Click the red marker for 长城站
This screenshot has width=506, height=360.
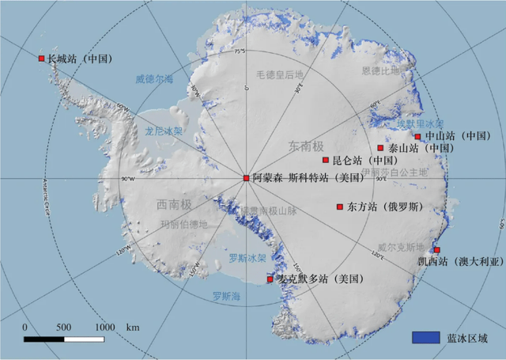coord(42,58)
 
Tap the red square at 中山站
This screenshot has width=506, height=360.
coord(417,136)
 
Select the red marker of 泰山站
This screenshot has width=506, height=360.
coord(380,148)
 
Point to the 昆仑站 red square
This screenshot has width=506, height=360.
coord(325,160)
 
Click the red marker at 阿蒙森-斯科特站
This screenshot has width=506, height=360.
coord(246,178)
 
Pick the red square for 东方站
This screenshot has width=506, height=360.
coord(340,207)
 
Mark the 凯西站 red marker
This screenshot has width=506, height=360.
coord(437,250)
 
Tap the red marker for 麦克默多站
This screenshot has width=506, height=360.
coord(270,279)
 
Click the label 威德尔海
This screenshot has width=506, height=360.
coord(153,79)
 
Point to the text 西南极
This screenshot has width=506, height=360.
coord(173,205)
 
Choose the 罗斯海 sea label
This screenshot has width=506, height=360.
coord(227,297)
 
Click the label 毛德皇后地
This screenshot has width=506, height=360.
coord(279,75)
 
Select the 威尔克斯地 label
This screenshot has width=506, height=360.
coord(400,247)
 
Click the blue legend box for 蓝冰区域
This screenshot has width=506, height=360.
coord(425,337)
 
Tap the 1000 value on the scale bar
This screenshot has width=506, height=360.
coord(104,327)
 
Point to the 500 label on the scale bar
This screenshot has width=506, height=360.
coord(64,327)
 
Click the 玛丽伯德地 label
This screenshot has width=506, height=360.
coord(184,225)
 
